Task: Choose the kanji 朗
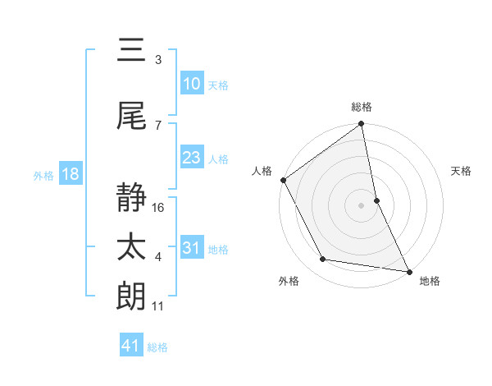(x=131, y=296)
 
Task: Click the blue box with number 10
(x=192, y=84)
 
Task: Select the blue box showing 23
(x=192, y=158)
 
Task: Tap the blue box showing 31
(x=192, y=248)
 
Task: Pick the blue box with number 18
(x=70, y=175)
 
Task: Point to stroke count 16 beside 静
(x=159, y=208)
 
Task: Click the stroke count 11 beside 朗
(x=158, y=306)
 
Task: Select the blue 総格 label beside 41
(x=157, y=347)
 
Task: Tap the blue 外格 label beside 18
(x=43, y=176)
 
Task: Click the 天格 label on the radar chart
(x=462, y=171)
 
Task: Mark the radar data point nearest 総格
(x=361, y=125)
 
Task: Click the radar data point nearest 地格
(x=408, y=270)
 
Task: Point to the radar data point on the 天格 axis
(x=376, y=200)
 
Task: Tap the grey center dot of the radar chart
(x=361, y=205)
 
